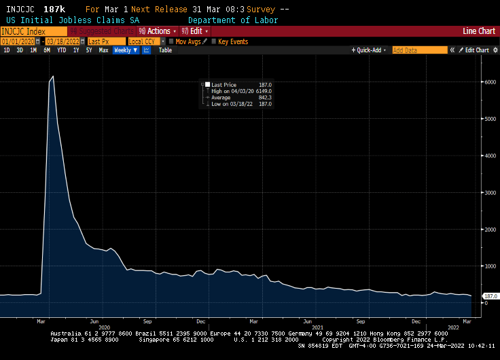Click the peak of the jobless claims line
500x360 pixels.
pyautogui.click(x=53, y=77)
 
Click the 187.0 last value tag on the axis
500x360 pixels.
pyautogui.click(x=490, y=297)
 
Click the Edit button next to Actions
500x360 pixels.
pyautogui.click(x=196, y=31)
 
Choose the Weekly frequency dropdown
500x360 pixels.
pyautogui.click(x=125, y=50)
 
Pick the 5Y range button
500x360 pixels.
pyautogui.click(x=89, y=50)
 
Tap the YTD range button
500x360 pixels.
pyautogui.click(x=62, y=50)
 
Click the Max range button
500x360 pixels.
pyautogui.click(x=103, y=50)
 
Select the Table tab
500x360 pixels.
pyautogui.click(x=165, y=50)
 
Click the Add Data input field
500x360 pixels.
pyautogui.click(x=419, y=50)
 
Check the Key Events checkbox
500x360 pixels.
pyautogui.click(x=214, y=41)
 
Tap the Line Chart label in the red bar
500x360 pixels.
pyautogui.click(x=478, y=31)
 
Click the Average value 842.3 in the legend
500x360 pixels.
pyautogui.click(x=264, y=97)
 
